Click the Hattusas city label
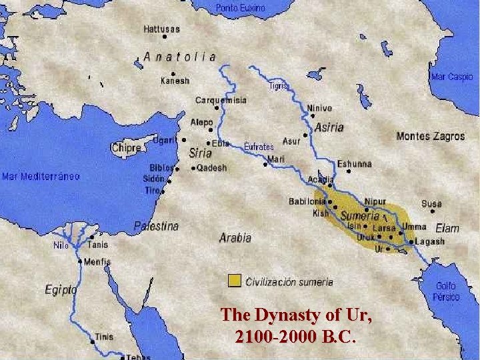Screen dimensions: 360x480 tap(161, 29)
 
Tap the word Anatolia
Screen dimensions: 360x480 tap(180, 57)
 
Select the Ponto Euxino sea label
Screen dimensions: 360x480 tap(240, 8)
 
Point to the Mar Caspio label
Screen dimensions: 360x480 tap(451, 77)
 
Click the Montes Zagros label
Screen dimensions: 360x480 tap(430, 136)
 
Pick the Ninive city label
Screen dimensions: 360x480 tap(319, 108)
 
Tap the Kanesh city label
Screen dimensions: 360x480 tap(175, 81)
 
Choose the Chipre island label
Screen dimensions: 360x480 tap(126, 148)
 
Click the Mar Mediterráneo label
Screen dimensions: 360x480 tap(41, 177)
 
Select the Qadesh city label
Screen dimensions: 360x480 tap(211, 168)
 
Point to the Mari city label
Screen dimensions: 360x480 tap(275, 159)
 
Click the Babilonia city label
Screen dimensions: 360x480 tap(307, 201)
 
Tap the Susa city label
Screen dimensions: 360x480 tap(431, 204)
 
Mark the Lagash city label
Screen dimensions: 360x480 tap(430, 241)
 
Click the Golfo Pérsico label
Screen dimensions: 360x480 tap(447, 291)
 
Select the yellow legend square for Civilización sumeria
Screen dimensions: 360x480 tap(233, 281)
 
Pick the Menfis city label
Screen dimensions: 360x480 tap(98, 262)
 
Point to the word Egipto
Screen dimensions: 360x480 tap(61, 290)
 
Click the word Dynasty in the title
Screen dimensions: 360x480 tap(280, 314)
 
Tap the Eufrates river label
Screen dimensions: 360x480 tap(259, 146)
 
